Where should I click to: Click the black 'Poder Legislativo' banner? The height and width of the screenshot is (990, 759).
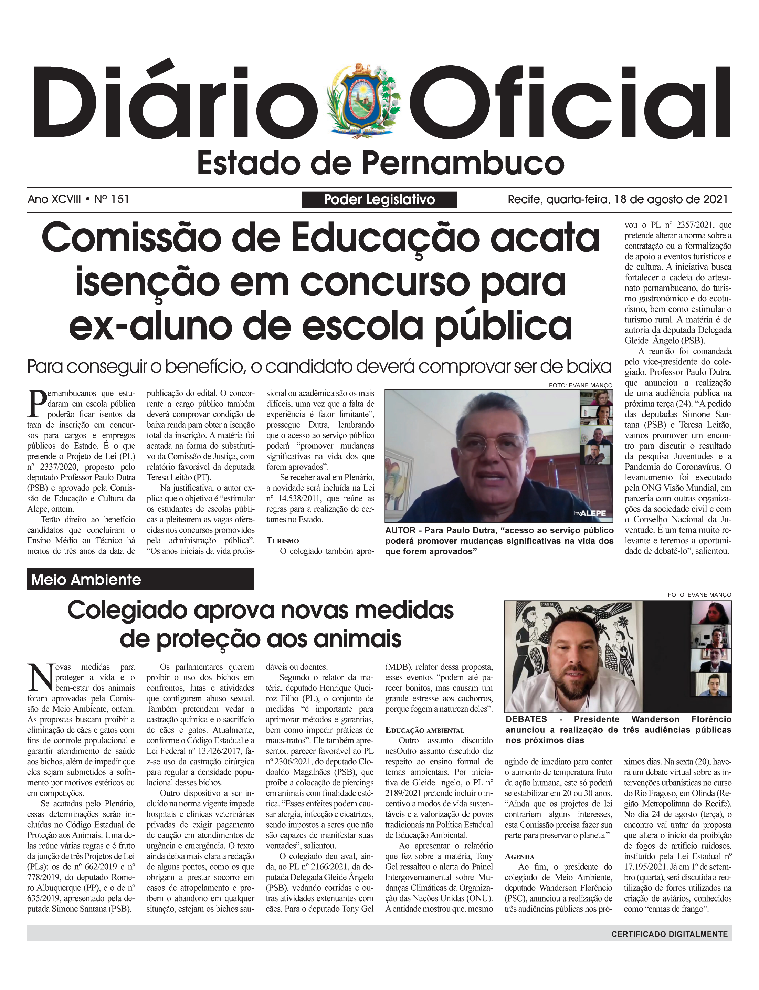click(379, 200)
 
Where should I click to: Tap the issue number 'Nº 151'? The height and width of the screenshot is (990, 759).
click(112, 199)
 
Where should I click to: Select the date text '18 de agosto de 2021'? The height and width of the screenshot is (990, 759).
click(671, 199)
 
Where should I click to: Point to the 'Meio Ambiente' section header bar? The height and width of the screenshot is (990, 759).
click(140, 579)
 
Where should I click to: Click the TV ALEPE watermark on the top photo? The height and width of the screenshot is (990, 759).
click(590, 513)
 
